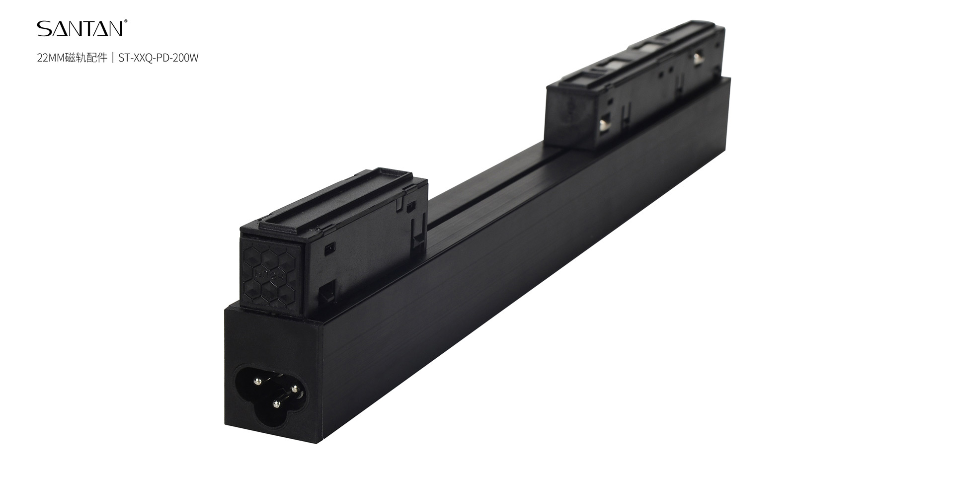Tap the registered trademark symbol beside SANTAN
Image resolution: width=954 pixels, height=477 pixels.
(x=126, y=22)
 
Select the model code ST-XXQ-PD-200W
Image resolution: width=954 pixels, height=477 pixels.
(x=159, y=58)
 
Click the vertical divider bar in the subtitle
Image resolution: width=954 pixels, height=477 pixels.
(x=113, y=58)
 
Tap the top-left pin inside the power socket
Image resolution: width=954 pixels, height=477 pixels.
(x=257, y=381)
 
